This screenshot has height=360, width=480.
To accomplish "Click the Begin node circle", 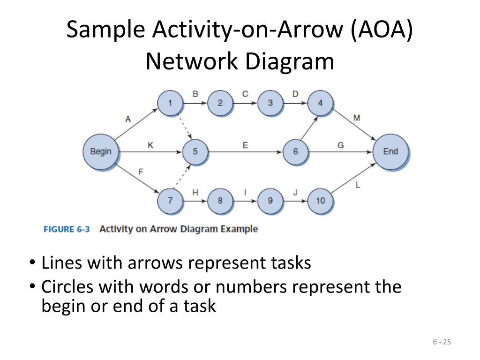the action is [101, 151].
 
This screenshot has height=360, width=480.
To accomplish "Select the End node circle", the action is [390, 151].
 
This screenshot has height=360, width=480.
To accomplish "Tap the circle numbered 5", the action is [195, 151].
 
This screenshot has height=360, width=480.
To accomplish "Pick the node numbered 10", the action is [320, 201].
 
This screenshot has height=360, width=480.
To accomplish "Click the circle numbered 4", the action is [320, 103].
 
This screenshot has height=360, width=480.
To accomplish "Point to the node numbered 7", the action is [170, 201].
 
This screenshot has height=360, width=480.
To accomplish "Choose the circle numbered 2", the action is [220, 103].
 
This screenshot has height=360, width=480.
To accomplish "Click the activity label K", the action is [150, 145].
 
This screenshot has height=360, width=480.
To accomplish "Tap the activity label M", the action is [357, 118].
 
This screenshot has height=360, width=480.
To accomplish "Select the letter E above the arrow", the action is [245, 145].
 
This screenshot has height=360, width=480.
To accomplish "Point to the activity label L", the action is [358, 185].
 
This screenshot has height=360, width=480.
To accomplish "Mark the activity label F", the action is [141, 172].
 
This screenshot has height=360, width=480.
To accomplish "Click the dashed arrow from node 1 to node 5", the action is [186, 128].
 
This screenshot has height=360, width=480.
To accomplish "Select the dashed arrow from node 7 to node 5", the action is [182, 176].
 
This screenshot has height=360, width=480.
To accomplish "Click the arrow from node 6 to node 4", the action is [309, 128].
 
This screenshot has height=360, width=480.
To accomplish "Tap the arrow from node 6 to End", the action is [340, 152].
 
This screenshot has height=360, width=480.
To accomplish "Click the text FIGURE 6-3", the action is [67, 229].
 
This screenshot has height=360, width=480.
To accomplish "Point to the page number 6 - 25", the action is [442, 342].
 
